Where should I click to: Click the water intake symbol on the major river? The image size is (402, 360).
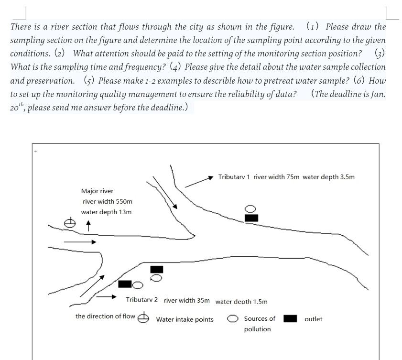pos(70,223)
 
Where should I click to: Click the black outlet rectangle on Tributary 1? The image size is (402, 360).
pos(251,218)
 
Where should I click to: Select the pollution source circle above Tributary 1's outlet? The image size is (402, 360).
pos(251,209)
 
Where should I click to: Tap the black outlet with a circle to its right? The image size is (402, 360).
pos(125,284)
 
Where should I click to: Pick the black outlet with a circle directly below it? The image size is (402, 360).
pos(156,270)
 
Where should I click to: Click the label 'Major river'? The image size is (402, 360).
pos(97,191)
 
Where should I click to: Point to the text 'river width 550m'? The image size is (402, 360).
pos(108,201)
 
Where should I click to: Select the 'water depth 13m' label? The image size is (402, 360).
pos(106,212)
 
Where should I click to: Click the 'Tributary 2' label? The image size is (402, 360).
pos(142,300)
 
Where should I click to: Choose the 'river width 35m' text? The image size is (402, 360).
pos(186,300)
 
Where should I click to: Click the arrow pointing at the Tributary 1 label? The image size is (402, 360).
pos(198,181)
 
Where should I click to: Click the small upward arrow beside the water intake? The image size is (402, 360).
pos(88,224)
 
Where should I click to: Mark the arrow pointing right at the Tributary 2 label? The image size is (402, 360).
pos(107,297)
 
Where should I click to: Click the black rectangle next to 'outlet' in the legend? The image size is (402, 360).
pos(290,318)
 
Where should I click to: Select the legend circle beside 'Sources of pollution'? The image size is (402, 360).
pos(233,318)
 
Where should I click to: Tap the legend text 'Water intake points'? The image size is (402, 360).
pos(185,319)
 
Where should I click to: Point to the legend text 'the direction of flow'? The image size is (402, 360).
pos(105,316)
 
